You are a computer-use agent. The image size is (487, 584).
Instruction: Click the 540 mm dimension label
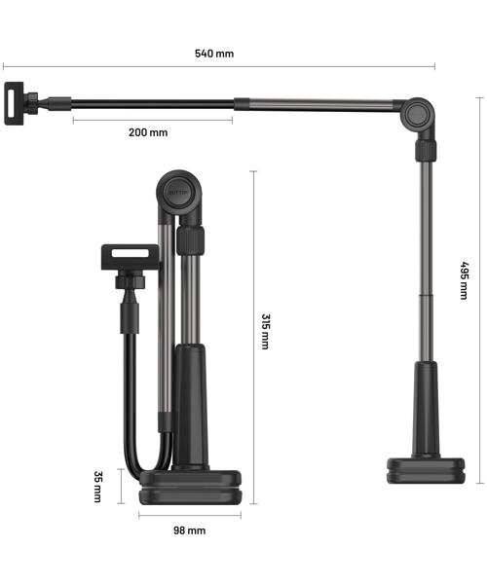(214, 54)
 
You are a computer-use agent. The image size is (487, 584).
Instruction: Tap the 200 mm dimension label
(148, 132)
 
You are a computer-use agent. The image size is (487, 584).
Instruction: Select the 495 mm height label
(464, 280)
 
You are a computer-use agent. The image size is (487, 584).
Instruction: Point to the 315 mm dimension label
(265, 332)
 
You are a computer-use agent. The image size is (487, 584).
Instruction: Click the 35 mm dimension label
(97, 487)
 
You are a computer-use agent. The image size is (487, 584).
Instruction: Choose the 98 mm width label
(189, 530)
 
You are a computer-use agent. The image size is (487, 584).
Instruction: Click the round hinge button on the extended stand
(417, 115)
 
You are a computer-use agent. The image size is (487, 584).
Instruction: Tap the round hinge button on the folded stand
(179, 193)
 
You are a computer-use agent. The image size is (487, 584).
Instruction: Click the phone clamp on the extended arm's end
(15, 103)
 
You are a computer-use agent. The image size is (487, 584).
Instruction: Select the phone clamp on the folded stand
(131, 257)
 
